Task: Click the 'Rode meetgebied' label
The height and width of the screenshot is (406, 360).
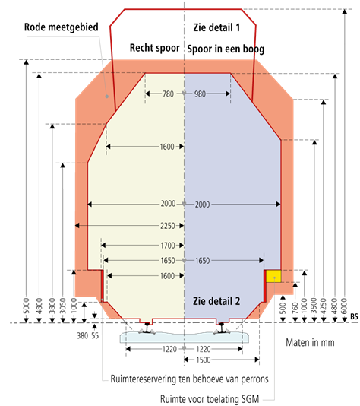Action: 62,27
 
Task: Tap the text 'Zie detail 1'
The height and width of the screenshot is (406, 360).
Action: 216,27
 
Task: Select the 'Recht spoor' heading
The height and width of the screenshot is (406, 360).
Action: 155,48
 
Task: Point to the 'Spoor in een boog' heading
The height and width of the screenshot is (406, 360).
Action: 226,49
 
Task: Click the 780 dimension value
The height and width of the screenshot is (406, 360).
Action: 168,94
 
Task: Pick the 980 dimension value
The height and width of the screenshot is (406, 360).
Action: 200,94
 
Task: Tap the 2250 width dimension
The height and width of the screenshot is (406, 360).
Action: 168,226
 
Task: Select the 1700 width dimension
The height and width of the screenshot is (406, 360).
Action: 168,246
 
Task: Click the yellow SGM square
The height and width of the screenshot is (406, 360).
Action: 273,276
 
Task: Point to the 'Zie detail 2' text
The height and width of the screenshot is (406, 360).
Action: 216,301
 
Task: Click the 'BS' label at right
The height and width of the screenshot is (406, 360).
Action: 355,316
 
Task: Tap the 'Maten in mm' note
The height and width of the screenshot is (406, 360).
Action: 310,343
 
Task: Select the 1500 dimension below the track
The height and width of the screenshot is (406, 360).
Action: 204,360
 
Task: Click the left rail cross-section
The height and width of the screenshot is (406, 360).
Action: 147,328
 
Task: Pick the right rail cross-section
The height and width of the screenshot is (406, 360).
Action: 221,328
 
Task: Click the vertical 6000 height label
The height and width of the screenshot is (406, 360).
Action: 344,306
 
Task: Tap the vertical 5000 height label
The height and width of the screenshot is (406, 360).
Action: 27,306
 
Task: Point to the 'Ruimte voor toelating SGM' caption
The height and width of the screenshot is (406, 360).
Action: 210,399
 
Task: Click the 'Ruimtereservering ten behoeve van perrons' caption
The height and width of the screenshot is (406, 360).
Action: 190,379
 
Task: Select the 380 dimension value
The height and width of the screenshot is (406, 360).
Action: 83,336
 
